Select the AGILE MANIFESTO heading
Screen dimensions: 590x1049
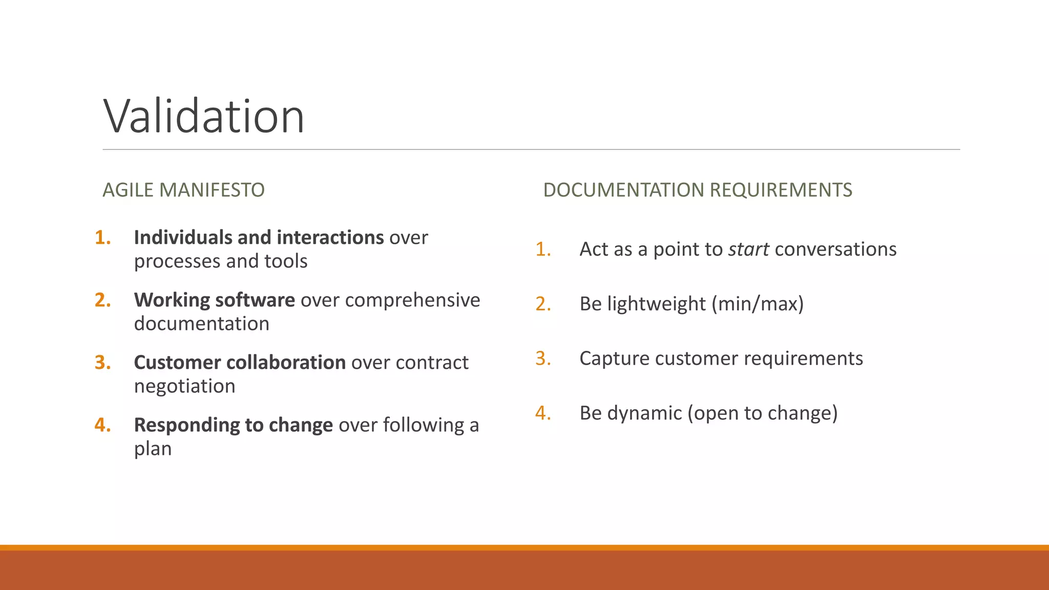click(183, 190)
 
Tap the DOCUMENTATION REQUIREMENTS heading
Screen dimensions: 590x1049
click(698, 190)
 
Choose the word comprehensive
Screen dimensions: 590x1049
click(412, 300)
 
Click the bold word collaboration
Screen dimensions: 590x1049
click(286, 363)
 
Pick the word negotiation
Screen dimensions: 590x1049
click(184, 386)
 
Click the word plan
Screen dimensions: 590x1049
click(153, 449)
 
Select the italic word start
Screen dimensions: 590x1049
click(748, 249)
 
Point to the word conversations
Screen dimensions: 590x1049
click(835, 249)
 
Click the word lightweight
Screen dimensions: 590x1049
click(656, 304)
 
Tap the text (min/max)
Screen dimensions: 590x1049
click(758, 304)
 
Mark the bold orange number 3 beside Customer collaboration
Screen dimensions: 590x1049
click(102, 363)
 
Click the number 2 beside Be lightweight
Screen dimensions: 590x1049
click(543, 304)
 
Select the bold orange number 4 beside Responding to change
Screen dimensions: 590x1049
click(102, 425)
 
